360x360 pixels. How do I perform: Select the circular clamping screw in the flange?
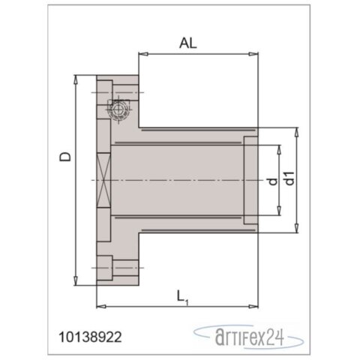pos(117,112)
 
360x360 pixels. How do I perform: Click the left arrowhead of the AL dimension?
pos(142,55)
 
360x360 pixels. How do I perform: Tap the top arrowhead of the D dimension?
pos(77,79)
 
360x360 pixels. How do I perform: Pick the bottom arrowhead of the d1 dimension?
pos(298,230)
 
